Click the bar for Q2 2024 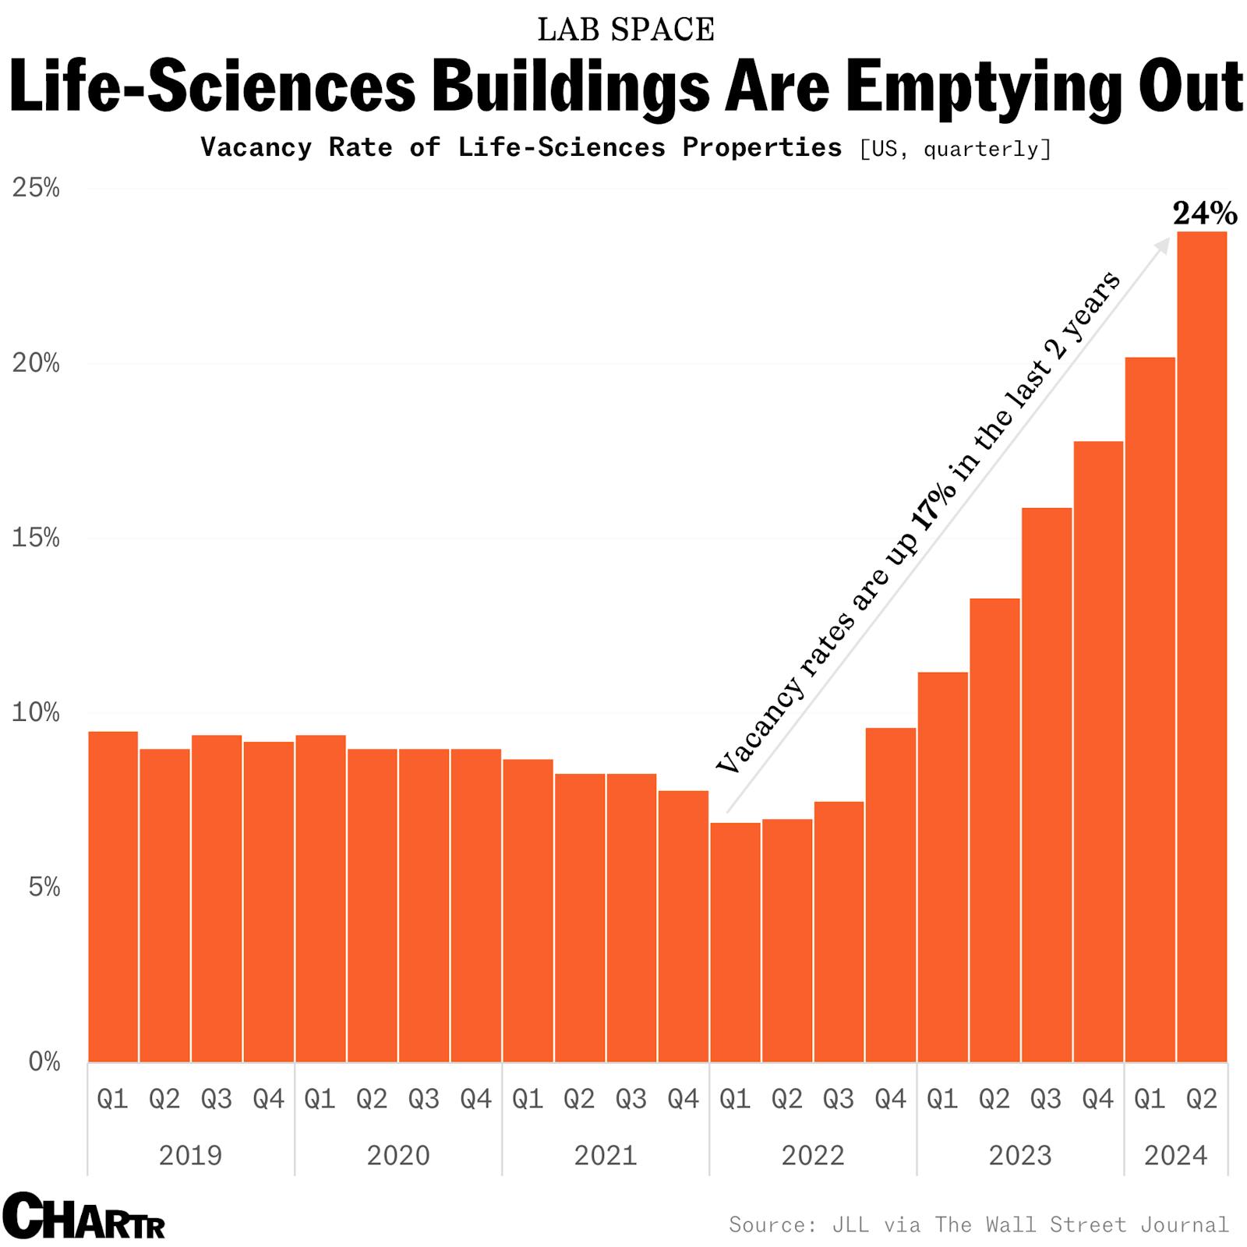tap(1202, 647)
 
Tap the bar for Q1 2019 tap(113, 896)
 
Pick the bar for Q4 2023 tap(1098, 751)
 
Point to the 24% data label tap(1204, 213)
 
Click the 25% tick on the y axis tap(36, 188)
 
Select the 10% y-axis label tap(36, 712)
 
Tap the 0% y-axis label tap(44, 1062)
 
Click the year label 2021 tap(606, 1155)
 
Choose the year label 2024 tap(1175, 1155)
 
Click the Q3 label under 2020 tap(423, 1099)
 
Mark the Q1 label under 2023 tap(942, 1099)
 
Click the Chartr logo tap(84, 1216)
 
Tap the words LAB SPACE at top tap(625, 30)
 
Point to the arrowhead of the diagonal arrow tap(1164, 244)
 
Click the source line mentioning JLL tap(978, 1224)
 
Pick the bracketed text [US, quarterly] tap(955, 148)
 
